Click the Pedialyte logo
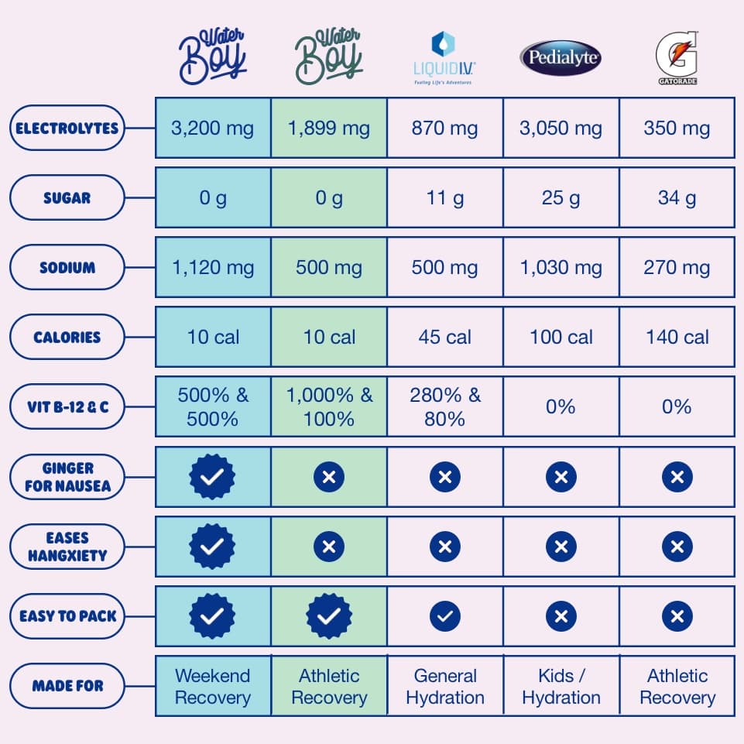[x=561, y=58]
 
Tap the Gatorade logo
[x=677, y=57]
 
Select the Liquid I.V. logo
[x=444, y=58]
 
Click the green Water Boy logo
[x=329, y=56]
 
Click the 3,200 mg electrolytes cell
[x=213, y=128]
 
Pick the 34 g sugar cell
[x=677, y=198]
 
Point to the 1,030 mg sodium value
[x=561, y=268]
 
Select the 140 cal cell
[x=677, y=338]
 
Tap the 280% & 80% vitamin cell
[x=444, y=407]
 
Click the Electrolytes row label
[x=67, y=128]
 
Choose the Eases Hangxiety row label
[x=67, y=547]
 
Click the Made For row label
[x=67, y=686]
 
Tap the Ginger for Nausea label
[x=67, y=477]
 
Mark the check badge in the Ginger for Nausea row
[x=213, y=477]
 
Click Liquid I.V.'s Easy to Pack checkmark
[x=444, y=616]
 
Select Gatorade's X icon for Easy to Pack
[x=677, y=616]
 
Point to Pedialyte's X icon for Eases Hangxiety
[x=561, y=547]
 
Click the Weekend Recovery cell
[x=213, y=686]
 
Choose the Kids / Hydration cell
[x=561, y=686]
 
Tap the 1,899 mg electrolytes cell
[x=329, y=128]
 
